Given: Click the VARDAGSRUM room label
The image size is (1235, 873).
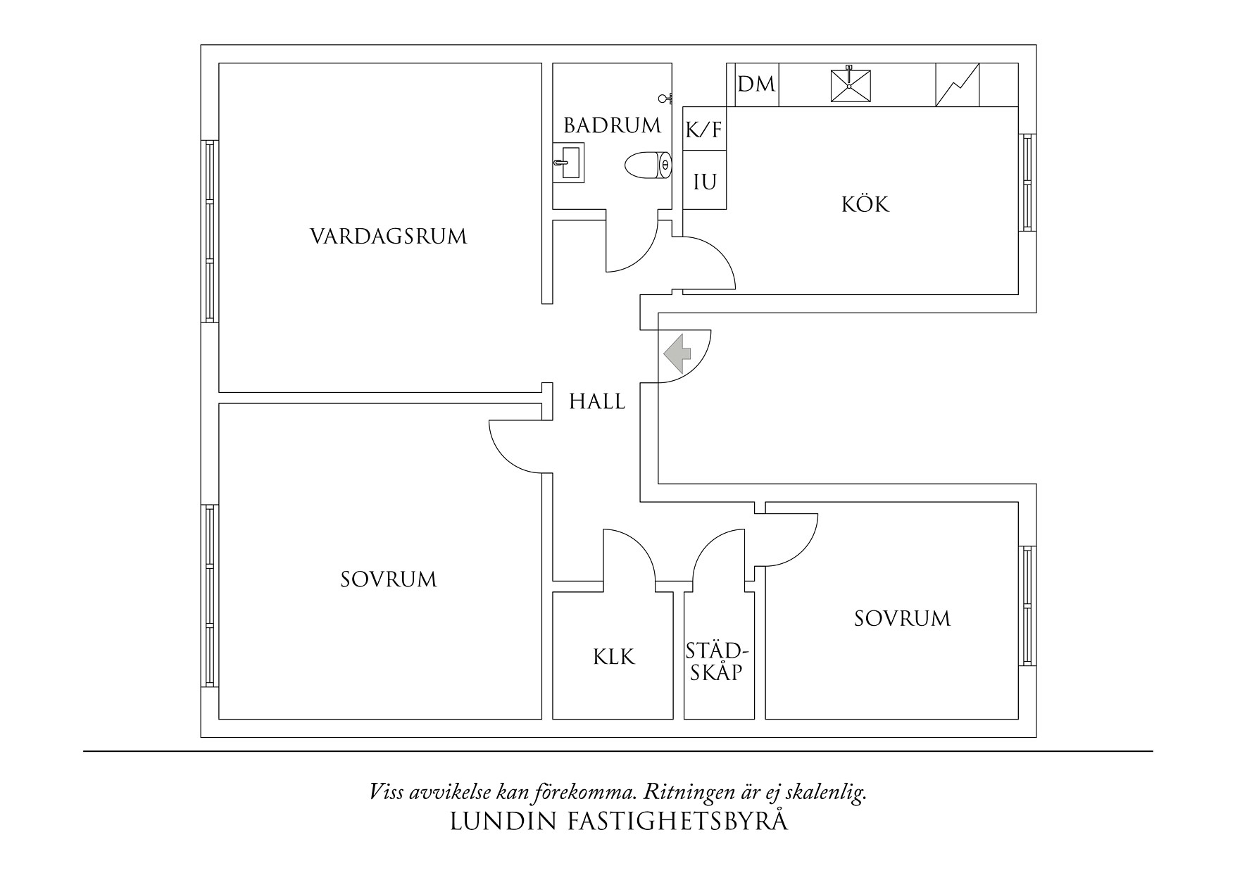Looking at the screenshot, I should (x=388, y=236).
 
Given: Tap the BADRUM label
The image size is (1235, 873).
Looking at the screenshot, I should (x=612, y=126).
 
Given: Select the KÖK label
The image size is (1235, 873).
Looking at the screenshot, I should (x=865, y=205).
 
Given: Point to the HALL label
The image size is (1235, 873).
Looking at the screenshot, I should (x=597, y=402).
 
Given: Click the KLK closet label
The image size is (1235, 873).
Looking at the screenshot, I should (x=613, y=657).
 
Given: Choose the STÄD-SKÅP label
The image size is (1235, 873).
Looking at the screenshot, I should (x=715, y=660).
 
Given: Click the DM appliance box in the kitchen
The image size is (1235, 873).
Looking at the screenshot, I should (x=757, y=85).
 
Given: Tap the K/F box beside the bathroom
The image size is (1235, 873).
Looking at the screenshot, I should (x=704, y=130).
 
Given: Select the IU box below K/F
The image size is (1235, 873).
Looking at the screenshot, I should (x=705, y=182).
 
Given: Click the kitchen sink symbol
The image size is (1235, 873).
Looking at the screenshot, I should (x=849, y=85).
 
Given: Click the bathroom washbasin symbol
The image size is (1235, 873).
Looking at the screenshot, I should (x=569, y=163).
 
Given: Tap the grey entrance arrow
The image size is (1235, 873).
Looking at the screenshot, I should (x=677, y=353).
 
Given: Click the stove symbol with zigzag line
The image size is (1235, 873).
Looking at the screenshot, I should (x=958, y=85).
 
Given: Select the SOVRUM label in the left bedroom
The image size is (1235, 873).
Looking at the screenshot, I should (x=389, y=579).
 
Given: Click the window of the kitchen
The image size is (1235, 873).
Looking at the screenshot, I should (x=1027, y=182).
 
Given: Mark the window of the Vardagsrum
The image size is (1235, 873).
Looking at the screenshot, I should (x=209, y=231).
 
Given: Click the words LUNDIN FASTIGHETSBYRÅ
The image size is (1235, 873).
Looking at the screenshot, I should (x=619, y=822).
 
